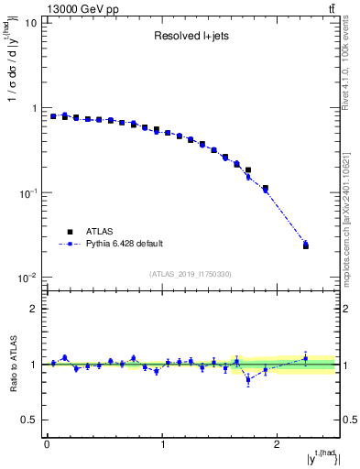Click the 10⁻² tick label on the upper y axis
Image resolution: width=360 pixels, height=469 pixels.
click(x=29, y=278)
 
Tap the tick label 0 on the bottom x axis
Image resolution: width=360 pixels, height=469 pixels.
click(x=47, y=443)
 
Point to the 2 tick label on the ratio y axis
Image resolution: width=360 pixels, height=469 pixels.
click(x=35, y=309)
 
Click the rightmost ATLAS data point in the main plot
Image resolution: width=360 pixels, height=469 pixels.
click(x=306, y=245)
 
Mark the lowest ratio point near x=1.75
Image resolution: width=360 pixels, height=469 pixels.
click(x=248, y=379)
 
